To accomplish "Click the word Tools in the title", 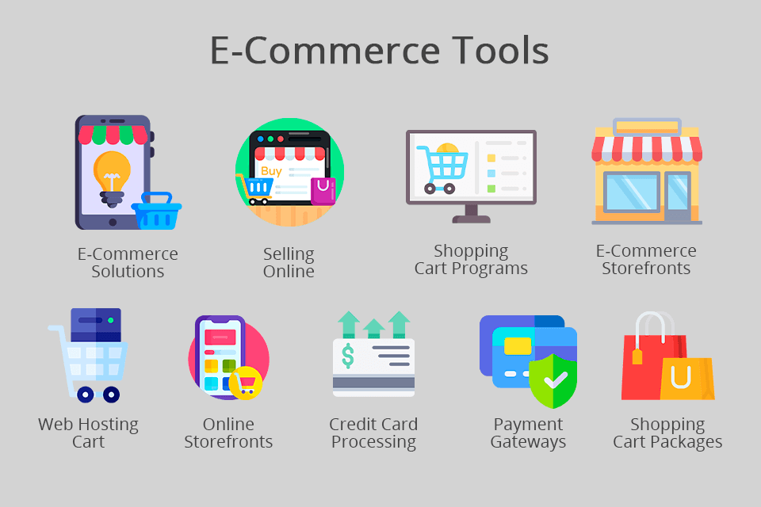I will click(x=488, y=51).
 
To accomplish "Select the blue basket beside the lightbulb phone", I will click(x=156, y=212).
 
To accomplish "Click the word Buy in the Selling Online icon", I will click(x=271, y=170).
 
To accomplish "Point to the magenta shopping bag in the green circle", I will click(x=323, y=191).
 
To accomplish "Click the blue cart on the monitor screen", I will click(x=443, y=168).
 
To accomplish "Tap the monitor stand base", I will click(x=471, y=217).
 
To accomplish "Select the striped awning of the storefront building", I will click(x=647, y=148).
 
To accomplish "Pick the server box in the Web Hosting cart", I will click(x=96, y=325).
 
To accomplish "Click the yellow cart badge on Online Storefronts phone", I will click(x=247, y=383).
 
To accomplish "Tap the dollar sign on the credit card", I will click(x=348, y=356).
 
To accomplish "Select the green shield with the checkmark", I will click(x=553, y=379).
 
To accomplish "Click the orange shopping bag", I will click(x=686, y=379).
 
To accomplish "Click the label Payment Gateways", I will click(x=528, y=433).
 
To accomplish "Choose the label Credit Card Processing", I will click(x=373, y=433).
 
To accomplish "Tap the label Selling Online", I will click(x=289, y=262).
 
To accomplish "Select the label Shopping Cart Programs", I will click(x=471, y=260).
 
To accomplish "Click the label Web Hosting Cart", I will click(x=88, y=433).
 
